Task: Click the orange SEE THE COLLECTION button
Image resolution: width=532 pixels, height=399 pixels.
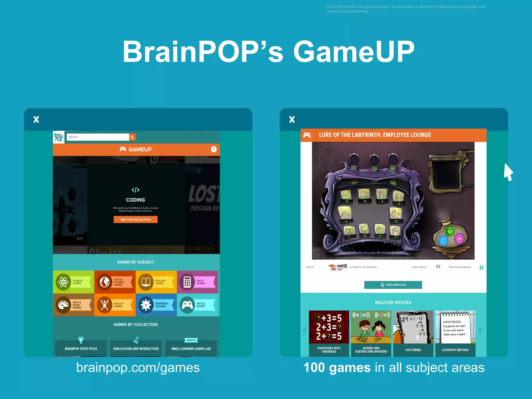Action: (x=135, y=220)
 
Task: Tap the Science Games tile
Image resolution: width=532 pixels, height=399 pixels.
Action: (x=74, y=282)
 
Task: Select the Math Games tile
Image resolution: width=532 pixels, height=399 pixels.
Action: (x=197, y=282)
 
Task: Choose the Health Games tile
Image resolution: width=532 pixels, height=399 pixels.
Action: (x=115, y=305)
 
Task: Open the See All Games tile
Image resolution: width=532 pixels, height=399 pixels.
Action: (x=198, y=305)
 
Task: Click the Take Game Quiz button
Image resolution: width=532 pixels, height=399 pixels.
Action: (x=393, y=285)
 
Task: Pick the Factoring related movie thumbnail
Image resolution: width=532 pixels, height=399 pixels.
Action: (x=413, y=333)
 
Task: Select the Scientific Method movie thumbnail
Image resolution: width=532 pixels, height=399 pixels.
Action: (x=455, y=333)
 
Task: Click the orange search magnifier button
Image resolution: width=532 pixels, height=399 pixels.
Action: (x=132, y=137)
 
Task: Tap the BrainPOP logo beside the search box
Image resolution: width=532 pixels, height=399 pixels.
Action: (x=59, y=137)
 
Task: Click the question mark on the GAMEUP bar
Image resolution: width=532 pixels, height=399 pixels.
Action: (x=214, y=149)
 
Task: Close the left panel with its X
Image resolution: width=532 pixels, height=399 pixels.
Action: (x=36, y=119)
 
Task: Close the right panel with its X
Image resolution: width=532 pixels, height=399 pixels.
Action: (x=292, y=119)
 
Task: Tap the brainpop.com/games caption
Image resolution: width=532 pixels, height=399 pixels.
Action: (x=138, y=368)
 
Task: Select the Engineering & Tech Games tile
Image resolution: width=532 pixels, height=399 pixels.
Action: (x=156, y=305)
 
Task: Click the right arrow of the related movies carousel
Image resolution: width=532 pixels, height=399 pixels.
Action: (x=480, y=331)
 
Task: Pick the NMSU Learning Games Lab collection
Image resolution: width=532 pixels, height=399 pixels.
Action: (x=191, y=348)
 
